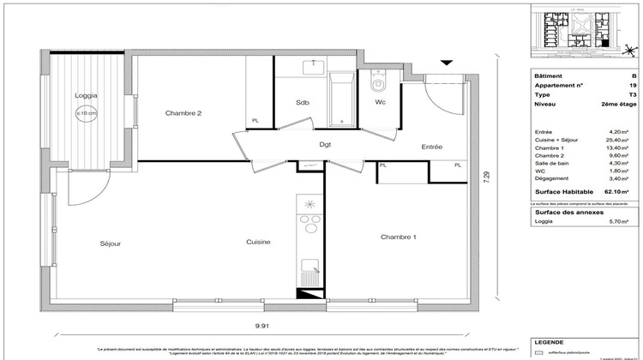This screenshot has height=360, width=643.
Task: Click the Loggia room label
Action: pyautogui.click(x=86, y=96)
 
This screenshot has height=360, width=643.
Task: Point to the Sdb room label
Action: pyautogui.click(x=303, y=103)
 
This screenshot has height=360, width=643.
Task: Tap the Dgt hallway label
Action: pyautogui.click(x=325, y=144)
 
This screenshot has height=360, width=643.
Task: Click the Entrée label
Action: pyautogui.click(x=431, y=147)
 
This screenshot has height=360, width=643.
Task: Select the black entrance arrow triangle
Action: pyautogui.click(x=446, y=62)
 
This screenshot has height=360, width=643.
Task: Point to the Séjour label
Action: pyautogui.click(x=110, y=243)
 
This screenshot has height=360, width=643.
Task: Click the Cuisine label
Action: pyautogui.click(x=258, y=243)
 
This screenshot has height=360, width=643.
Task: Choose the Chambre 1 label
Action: pyautogui.click(x=399, y=237)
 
